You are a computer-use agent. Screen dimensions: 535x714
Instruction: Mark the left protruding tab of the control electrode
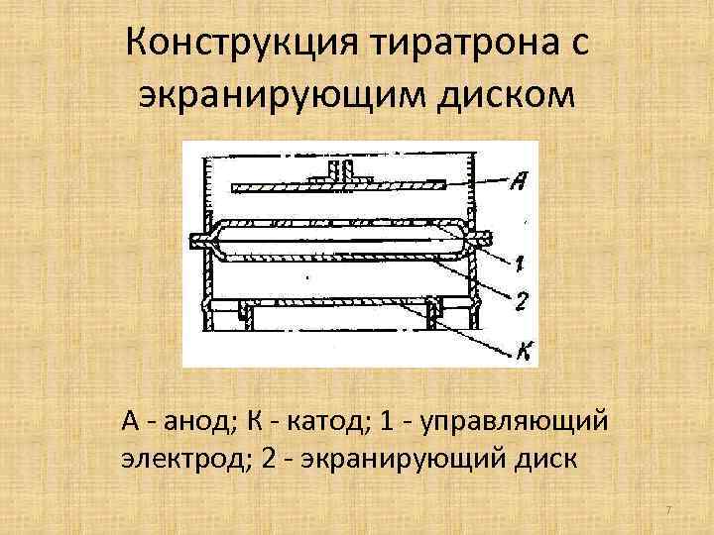[196, 239]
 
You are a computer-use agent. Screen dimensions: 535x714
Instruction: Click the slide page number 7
[668, 510]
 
